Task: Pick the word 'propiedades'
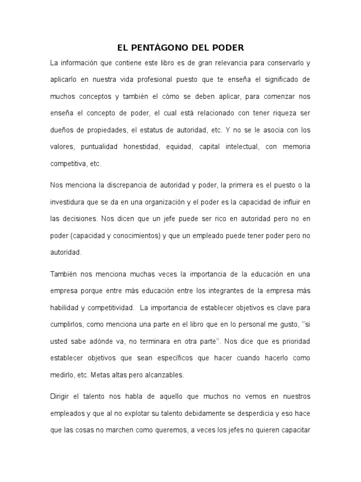coord(102,130)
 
